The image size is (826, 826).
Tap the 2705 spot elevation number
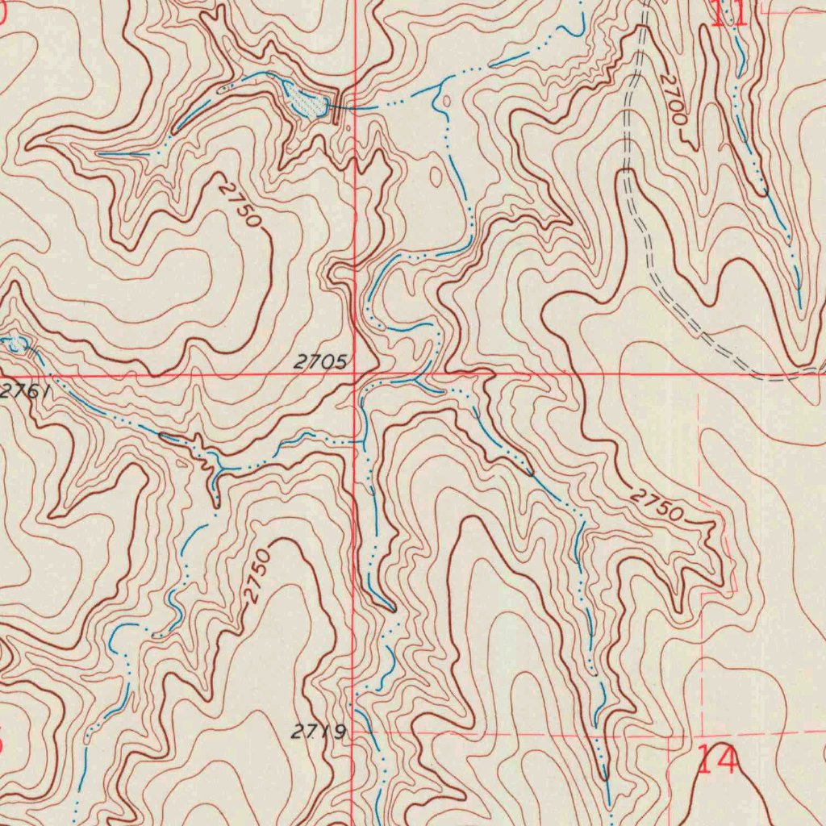(x=319, y=362)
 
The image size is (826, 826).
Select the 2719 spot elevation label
(x=318, y=732)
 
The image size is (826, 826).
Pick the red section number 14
(x=716, y=760)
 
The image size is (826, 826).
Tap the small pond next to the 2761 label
(x=15, y=344)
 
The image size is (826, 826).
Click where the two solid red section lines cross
(x=355, y=375)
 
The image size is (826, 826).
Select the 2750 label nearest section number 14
(x=657, y=505)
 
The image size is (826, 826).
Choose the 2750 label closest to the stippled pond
(x=240, y=203)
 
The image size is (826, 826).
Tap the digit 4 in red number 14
(x=726, y=760)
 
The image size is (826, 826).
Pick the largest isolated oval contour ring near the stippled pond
(x=436, y=176)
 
